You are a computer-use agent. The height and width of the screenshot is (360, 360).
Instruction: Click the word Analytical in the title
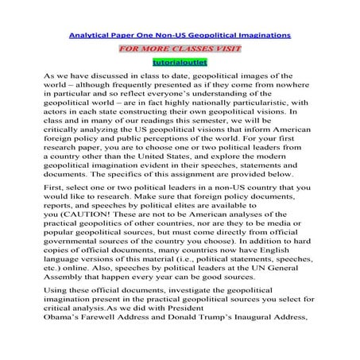click(90, 35)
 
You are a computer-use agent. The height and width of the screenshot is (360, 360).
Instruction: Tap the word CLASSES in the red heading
click(195, 48)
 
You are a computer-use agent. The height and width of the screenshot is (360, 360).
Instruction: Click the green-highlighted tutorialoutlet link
click(180, 62)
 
